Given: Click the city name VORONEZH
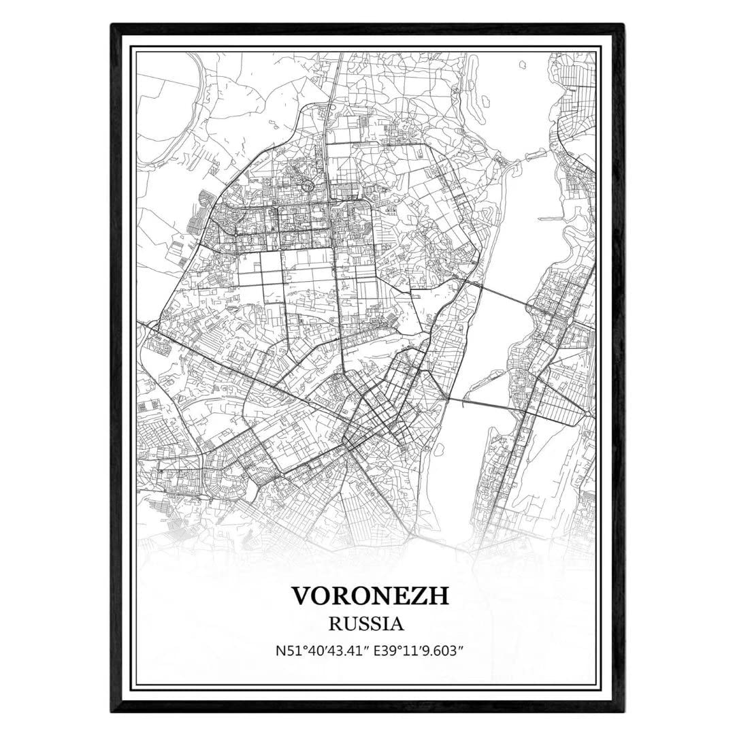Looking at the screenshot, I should tap(371, 595).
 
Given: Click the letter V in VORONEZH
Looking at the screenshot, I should tap(302, 595).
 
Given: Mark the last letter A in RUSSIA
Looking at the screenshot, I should tap(397, 623).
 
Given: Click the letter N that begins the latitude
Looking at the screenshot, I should tap(279, 651).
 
